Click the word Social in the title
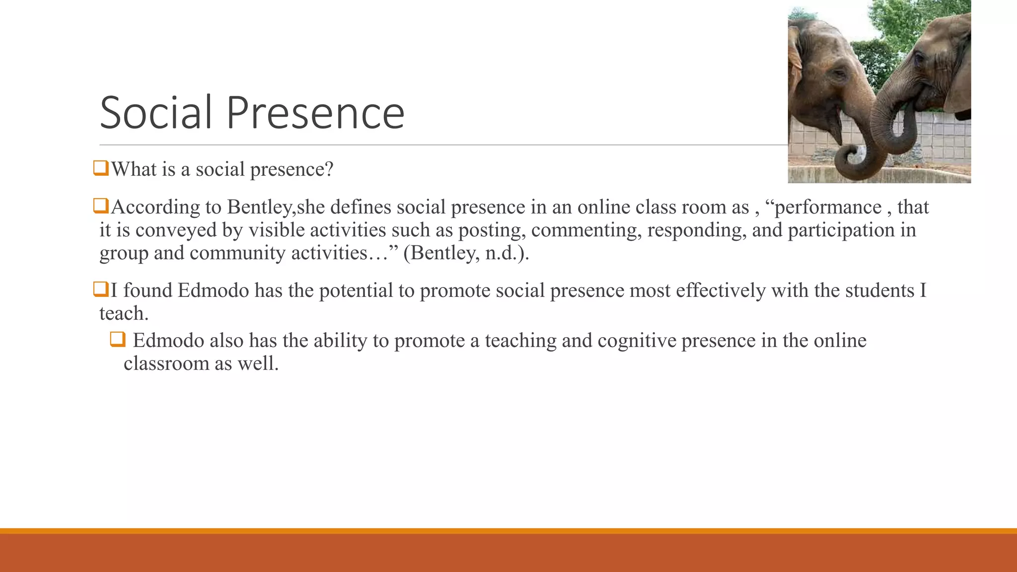156,113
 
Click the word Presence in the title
315,113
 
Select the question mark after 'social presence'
329,169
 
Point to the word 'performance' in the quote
828,208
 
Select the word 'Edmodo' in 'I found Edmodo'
213,290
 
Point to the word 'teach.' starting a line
124,314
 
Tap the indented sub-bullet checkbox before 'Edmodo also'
118,339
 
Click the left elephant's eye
839,74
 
